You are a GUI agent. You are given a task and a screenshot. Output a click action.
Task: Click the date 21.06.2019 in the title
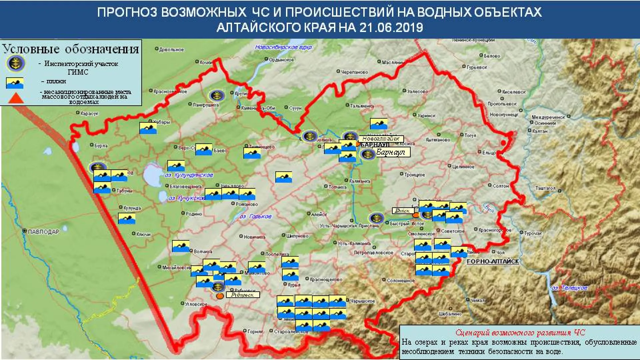391,27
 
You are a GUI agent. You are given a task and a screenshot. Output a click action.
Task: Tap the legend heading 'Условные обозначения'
71,49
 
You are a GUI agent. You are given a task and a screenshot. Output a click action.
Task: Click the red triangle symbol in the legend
16,98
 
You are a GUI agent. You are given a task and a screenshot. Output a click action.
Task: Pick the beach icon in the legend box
15,83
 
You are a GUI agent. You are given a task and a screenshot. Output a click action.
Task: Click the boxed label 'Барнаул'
390,152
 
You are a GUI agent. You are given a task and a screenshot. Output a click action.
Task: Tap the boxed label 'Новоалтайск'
381,139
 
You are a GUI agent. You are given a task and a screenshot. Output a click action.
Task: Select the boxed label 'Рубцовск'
242,295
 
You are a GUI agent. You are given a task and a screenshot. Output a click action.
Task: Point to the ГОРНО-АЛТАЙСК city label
493,262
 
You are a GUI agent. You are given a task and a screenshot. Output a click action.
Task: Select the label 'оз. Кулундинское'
189,175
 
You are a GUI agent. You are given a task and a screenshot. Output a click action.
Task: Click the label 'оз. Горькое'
255,217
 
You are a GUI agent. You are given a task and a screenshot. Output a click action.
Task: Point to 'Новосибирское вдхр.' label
283,47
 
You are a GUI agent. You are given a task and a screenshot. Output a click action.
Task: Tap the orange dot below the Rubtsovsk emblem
220,296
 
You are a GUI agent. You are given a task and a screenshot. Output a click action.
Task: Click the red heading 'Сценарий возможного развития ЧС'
520,333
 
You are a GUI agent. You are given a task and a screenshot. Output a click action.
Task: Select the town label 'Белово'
492,56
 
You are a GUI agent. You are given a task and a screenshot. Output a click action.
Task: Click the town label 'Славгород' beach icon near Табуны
102,188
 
